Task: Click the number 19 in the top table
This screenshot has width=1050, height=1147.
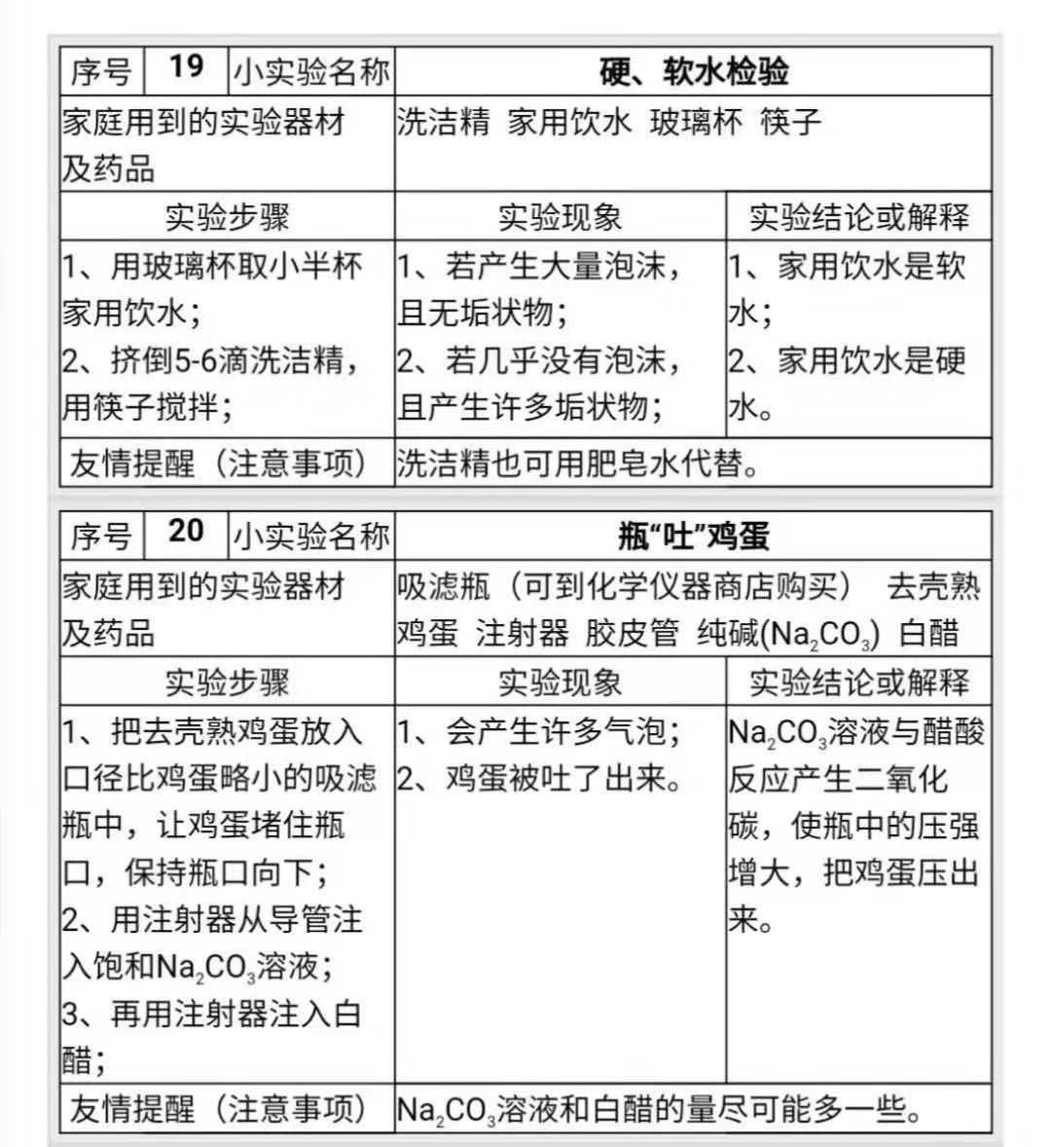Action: tap(186, 67)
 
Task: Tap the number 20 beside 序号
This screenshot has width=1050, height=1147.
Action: tap(186, 531)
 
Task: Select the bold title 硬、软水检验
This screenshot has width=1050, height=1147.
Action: tap(693, 71)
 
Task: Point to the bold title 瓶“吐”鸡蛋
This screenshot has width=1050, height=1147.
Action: tap(693, 536)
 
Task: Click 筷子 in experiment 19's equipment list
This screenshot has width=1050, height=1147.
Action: tap(790, 122)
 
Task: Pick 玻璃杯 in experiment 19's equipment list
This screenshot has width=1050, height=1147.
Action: tap(696, 122)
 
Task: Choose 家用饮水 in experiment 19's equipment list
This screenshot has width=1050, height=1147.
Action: tap(569, 122)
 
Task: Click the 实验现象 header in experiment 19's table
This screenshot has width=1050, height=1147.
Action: tap(560, 216)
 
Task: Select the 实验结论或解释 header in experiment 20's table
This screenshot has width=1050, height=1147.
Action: tap(858, 682)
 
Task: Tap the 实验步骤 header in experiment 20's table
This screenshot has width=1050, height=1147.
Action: tap(227, 682)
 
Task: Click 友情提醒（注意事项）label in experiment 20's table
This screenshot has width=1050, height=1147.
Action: tap(219, 1109)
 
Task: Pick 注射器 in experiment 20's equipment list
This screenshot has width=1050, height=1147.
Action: tap(522, 633)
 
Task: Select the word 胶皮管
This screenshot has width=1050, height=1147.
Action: tap(632, 633)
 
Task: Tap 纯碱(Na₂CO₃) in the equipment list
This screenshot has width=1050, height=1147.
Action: tap(788, 634)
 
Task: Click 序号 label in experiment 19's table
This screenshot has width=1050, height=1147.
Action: tap(100, 71)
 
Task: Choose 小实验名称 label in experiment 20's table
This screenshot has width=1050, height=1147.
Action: tap(311, 536)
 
